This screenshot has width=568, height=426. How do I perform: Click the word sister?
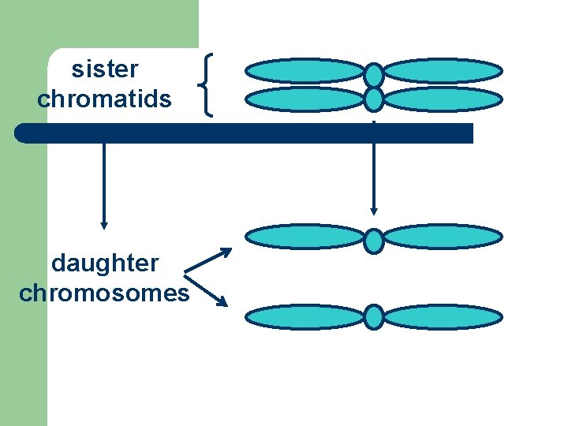104,69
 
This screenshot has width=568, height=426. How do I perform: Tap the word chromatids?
104,99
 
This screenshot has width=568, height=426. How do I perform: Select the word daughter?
104,263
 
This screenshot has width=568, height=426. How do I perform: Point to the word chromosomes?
104,293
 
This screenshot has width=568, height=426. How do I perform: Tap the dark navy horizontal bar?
245,133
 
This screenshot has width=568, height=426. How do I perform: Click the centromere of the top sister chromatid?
374,75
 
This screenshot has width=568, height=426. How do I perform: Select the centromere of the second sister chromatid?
374,99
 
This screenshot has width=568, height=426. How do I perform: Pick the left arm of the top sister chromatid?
305,71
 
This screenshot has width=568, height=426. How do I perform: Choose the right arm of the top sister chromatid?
443,71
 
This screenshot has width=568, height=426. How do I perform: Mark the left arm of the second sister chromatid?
305,99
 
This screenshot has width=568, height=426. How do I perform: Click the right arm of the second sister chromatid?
443,99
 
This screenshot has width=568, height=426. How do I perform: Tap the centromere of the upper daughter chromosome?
374,240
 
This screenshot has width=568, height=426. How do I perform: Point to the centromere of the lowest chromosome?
374,316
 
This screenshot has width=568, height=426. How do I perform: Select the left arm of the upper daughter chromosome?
305,237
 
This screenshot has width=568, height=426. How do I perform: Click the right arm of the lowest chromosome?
443,316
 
